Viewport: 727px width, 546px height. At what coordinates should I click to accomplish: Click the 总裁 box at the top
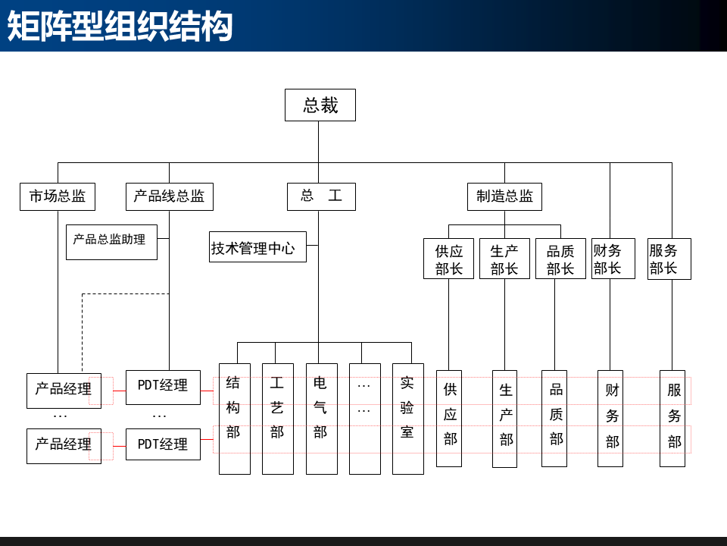tap(320, 105)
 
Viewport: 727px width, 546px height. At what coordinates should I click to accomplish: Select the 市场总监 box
tap(58, 196)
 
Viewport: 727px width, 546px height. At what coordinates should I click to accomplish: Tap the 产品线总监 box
tap(169, 196)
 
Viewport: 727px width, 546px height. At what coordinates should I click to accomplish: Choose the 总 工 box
tap(321, 196)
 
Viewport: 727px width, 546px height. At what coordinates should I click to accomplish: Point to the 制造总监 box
tap(504, 196)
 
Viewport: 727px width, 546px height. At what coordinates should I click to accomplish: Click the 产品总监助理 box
tap(111, 242)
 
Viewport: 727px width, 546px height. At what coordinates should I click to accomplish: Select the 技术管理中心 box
tap(258, 247)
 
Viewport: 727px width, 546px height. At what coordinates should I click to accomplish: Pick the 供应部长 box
tap(448, 259)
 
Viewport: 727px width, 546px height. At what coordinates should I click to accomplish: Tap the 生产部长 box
tap(504, 259)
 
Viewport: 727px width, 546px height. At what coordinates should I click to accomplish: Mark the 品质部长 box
tap(560, 259)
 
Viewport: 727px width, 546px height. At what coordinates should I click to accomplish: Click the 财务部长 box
tap(613, 259)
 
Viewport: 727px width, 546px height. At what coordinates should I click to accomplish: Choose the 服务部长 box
tap(669, 259)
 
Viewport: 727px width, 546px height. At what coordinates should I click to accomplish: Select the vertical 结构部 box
tap(234, 419)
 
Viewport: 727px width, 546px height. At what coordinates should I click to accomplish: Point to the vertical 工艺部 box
tap(277, 419)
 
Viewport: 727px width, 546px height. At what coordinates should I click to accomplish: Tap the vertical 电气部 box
tap(321, 419)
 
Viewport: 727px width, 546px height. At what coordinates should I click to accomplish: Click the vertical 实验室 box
tap(407, 419)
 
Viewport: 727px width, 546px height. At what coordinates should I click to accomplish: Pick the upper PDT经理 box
tap(163, 387)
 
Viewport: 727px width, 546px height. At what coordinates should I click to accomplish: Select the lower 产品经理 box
tap(64, 445)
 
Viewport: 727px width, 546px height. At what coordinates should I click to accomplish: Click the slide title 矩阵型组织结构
tap(120, 27)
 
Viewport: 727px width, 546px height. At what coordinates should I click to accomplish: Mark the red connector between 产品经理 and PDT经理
tap(119, 446)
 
